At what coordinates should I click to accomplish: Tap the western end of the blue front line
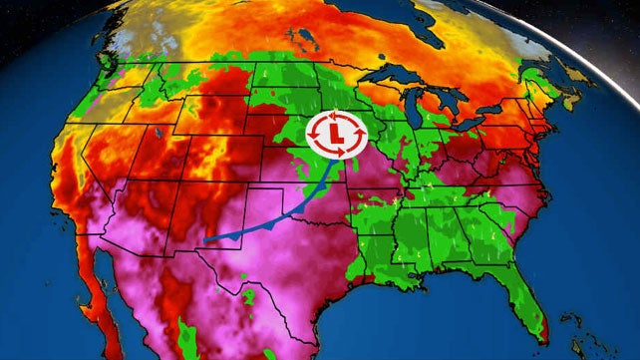point(205,240)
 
